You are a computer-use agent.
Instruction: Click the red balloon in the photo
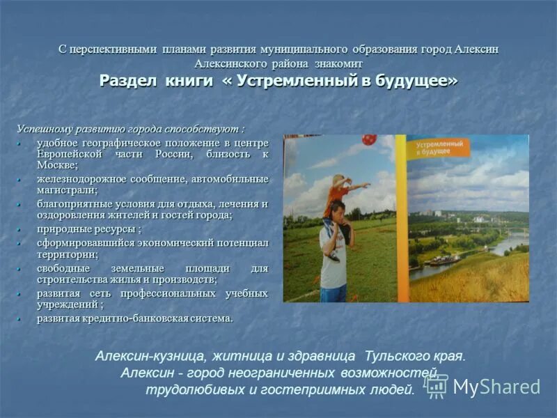click(x=369, y=139)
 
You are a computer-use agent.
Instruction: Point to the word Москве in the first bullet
click(x=56, y=165)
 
